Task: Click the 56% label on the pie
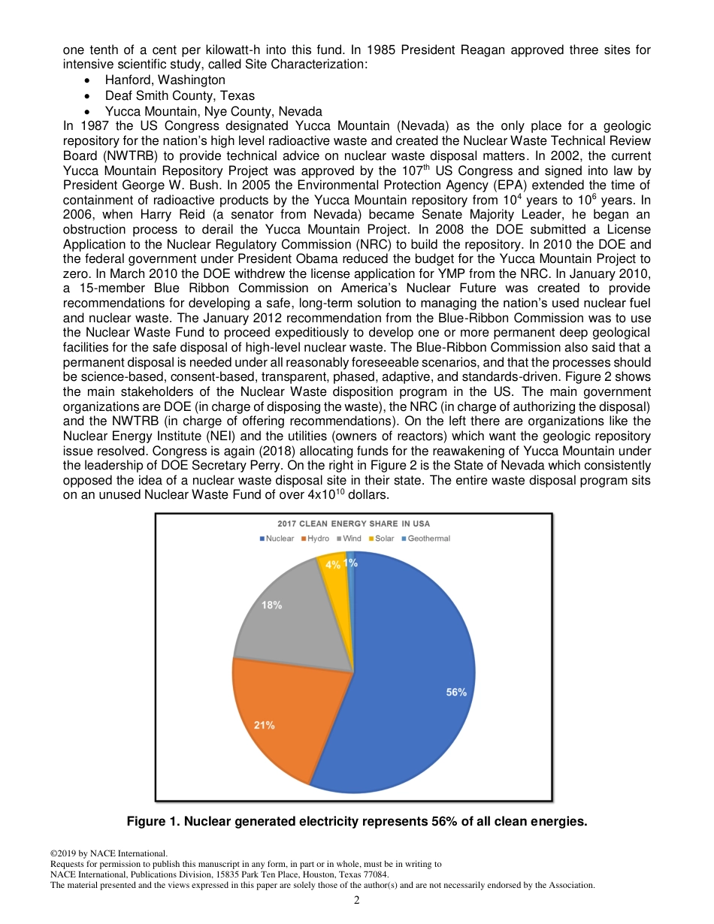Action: pos(456,693)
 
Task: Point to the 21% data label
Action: pos(264,725)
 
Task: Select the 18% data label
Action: pos(271,605)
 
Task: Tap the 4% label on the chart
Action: pos(332,565)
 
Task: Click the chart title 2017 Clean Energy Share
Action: pos(353,524)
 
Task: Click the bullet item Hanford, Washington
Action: pos(165,80)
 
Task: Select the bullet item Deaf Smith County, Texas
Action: pos(180,95)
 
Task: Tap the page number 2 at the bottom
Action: pos(357,900)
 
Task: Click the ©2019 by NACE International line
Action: pos(108,853)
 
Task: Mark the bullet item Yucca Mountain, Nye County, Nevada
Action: pos(213,111)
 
